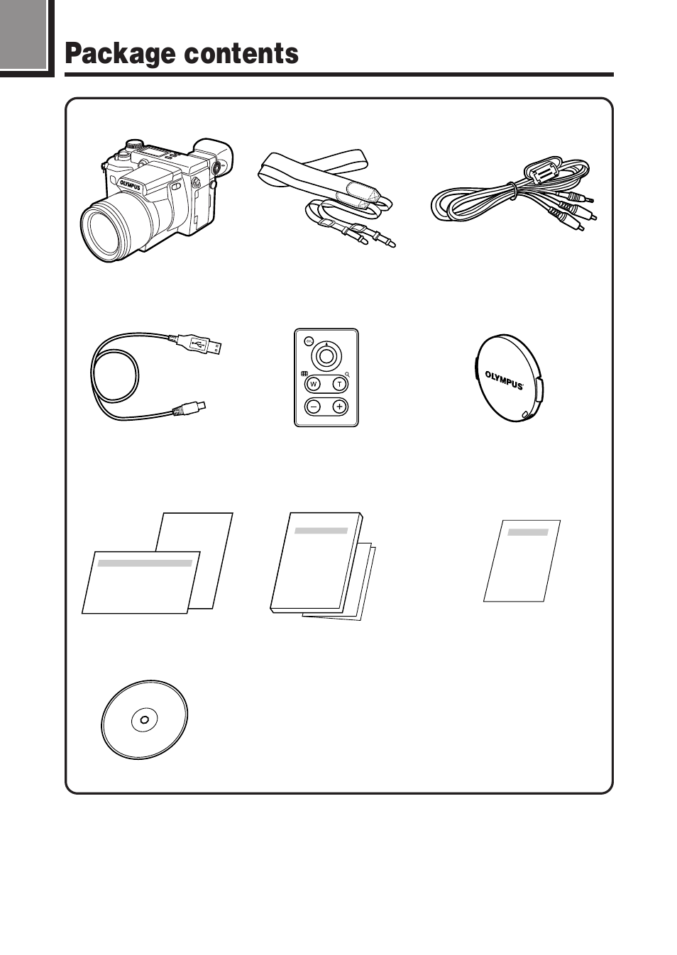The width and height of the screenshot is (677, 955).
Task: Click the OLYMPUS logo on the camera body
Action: (130, 185)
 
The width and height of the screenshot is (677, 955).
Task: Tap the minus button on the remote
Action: (314, 407)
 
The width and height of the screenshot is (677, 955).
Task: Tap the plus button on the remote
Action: (339, 407)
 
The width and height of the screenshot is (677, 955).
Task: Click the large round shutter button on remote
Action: (326, 356)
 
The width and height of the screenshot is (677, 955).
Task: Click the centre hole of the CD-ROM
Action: (145, 719)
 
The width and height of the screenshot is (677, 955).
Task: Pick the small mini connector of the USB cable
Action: (191, 408)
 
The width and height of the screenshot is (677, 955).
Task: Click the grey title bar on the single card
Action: (528, 531)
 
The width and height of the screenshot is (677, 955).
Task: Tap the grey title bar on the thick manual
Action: (321, 530)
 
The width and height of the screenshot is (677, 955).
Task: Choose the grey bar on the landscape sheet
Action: (145, 563)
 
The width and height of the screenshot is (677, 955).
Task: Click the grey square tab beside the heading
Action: (23, 34)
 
